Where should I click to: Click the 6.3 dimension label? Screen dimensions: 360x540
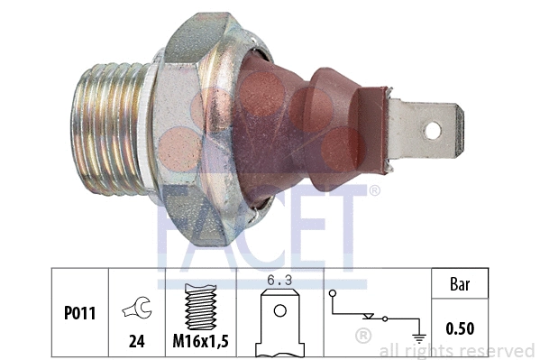click(280, 282)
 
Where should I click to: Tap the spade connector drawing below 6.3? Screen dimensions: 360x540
click(280, 320)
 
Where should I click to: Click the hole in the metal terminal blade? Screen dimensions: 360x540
click(433, 130)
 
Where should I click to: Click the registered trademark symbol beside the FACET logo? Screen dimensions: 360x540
click(374, 190)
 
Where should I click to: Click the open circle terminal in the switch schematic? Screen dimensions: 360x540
click(334, 293)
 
